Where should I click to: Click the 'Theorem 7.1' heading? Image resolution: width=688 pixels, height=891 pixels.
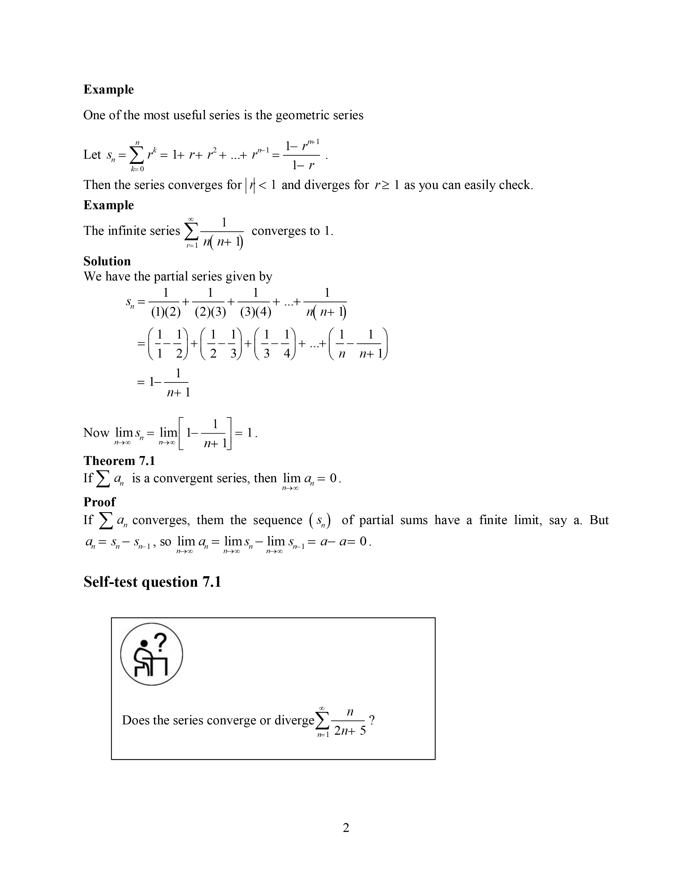(120, 461)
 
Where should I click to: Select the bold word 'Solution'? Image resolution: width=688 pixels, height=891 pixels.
(107, 261)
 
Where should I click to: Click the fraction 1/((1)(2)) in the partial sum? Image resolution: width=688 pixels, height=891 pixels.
(165, 303)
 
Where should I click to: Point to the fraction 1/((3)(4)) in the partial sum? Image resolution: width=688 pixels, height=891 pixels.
(256, 303)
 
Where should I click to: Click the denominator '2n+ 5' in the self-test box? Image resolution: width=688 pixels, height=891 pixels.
(350, 731)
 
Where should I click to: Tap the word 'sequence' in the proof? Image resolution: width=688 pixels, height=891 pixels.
(278, 520)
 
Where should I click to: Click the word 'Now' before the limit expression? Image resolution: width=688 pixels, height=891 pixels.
(96, 433)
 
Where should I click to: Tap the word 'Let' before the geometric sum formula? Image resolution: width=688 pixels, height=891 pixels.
(92, 155)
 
